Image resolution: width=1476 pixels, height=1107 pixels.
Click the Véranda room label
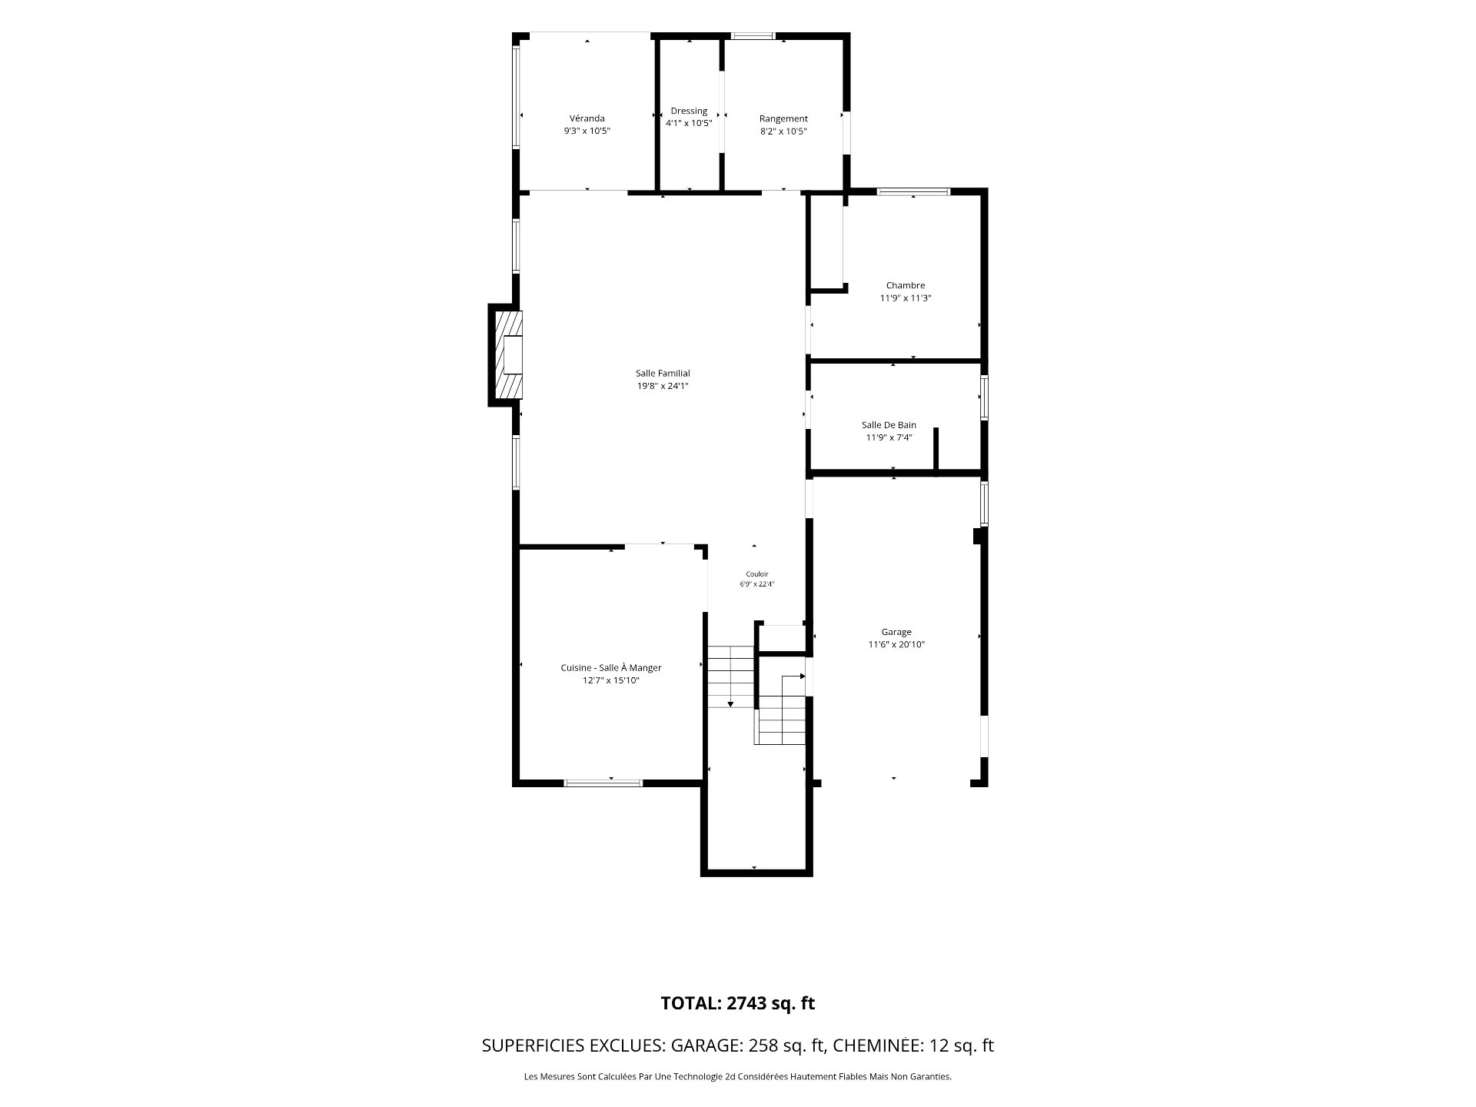click(x=587, y=118)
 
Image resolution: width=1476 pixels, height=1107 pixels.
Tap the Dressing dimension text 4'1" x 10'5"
click(x=689, y=123)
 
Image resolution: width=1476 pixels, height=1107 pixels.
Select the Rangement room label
click(x=783, y=118)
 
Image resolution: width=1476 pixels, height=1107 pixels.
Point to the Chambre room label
click(x=906, y=285)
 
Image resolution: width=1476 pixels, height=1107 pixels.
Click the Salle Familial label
click(x=663, y=374)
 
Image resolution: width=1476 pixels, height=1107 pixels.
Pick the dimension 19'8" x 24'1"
click(x=663, y=386)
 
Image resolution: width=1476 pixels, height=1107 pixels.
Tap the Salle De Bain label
click(x=889, y=425)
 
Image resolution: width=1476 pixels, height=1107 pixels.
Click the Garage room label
click(x=896, y=632)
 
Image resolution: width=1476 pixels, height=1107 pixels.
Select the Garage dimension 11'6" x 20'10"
click(x=896, y=645)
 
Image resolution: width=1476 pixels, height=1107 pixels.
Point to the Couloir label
click(x=757, y=574)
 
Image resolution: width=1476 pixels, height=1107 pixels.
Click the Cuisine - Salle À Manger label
click(x=611, y=668)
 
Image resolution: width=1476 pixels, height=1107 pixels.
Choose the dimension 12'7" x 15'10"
click(x=611, y=680)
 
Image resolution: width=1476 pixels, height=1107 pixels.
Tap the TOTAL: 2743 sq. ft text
click(x=738, y=1003)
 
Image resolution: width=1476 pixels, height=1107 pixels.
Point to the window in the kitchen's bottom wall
click(x=603, y=783)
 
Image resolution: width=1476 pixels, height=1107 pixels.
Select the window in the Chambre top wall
click(x=914, y=191)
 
